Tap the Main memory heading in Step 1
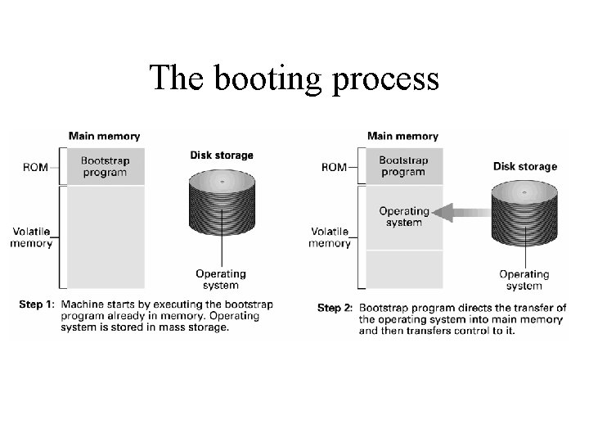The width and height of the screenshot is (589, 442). pyautogui.click(x=104, y=136)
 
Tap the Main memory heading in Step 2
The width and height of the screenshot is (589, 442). pyautogui.click(x=402, y=136)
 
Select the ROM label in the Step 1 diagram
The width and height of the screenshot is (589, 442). pyautogui.click(x=35, y=167)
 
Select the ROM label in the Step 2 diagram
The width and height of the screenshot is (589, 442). pyautogui.click(x=334, y=167)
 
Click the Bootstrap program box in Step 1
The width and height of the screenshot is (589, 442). pyautogui.click(x=104, y=166)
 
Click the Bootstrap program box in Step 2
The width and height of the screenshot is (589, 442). pyautogui.click(x=402, y=166)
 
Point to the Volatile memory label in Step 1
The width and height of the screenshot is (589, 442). pyautogui.click(x=32, y=237)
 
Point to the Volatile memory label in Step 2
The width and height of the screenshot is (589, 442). pyautogui.click(x=330, y=237)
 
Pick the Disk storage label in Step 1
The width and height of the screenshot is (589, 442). pyautogui.click(x=222, y=155)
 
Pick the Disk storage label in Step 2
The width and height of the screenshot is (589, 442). pyautogui.click(x=525, y=166)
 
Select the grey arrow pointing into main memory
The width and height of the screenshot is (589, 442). pyautogui.click(x=462, y=213)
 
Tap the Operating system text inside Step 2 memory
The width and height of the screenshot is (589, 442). pyautogui.click(x=403, y=216)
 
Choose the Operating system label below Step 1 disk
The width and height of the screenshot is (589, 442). pyautogui.click(x=221, y=279)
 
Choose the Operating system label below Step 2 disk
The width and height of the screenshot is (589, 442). pyautogui.click(x=524, y=280)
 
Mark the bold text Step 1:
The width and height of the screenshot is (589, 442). pyautogui.click(x=37, y=304)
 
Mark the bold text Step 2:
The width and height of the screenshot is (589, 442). pyautogui.click(x=335, y=308)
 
